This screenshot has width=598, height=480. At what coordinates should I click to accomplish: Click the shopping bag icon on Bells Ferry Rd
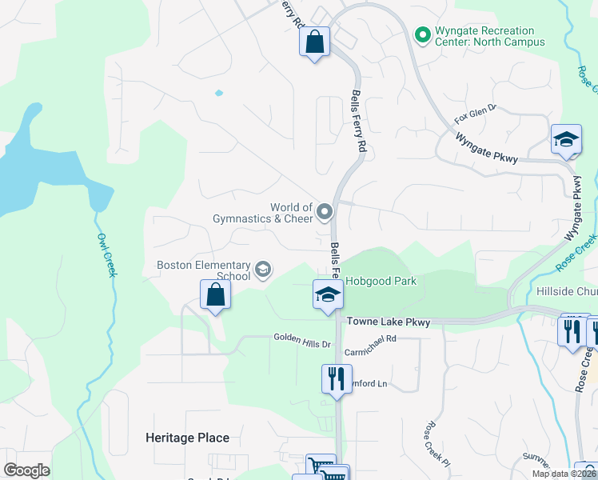[315, 41]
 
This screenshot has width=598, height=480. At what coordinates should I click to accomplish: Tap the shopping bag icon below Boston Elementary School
[216, 294]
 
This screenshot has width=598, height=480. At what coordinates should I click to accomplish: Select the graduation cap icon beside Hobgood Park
[327, 294]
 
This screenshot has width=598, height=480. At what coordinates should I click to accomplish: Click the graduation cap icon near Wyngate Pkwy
[566, 139]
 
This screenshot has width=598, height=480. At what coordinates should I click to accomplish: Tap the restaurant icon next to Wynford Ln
[337, 378]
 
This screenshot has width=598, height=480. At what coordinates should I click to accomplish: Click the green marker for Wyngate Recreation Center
[422, 34]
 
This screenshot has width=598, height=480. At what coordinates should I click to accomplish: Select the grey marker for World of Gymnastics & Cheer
[325, 212]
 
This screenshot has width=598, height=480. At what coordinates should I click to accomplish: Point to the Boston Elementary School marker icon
[262, 270]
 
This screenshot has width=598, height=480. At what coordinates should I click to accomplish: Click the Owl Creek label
[106, 255]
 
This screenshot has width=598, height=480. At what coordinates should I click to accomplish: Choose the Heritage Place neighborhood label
[187, 438]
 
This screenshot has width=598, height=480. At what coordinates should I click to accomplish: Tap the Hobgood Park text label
[381, 281]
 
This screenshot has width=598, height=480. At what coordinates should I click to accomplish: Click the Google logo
[26, 470]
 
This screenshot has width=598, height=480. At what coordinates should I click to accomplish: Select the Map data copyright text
[564, 474]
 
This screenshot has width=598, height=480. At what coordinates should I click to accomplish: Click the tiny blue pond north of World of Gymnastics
[218, 93]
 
